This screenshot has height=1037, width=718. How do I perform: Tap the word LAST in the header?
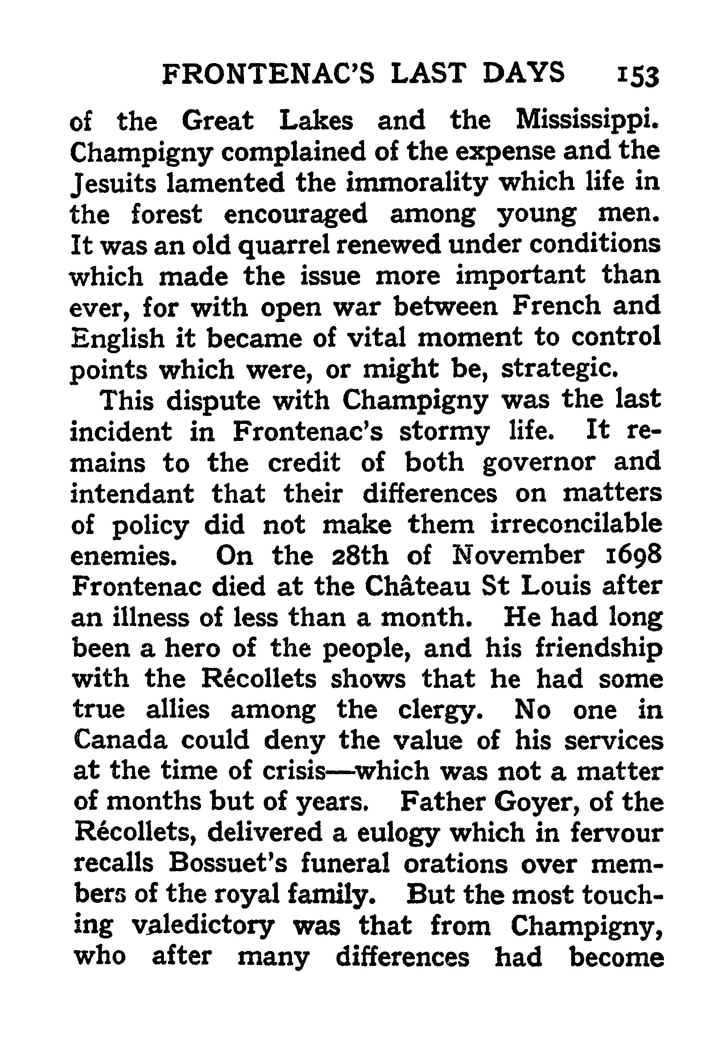pos(427,73)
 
